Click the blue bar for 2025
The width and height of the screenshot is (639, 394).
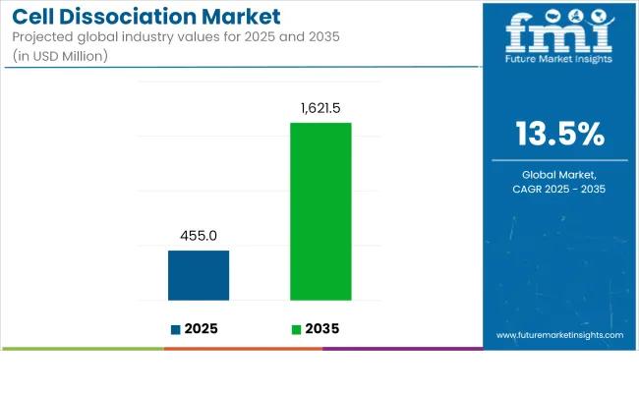(199, 275)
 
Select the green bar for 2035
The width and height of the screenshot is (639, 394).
(320, 211)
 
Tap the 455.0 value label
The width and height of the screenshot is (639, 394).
(199, 236)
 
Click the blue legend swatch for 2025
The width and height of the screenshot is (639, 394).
(175, 329)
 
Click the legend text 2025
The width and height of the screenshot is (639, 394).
(201, 329)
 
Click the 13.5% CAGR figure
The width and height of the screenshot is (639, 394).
(560, 133)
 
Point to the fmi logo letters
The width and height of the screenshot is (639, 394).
(560, 31)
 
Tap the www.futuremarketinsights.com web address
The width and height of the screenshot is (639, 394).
(559, 335)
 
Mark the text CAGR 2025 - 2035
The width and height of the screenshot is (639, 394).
(560, 189)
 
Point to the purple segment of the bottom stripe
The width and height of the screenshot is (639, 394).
(402, 348)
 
